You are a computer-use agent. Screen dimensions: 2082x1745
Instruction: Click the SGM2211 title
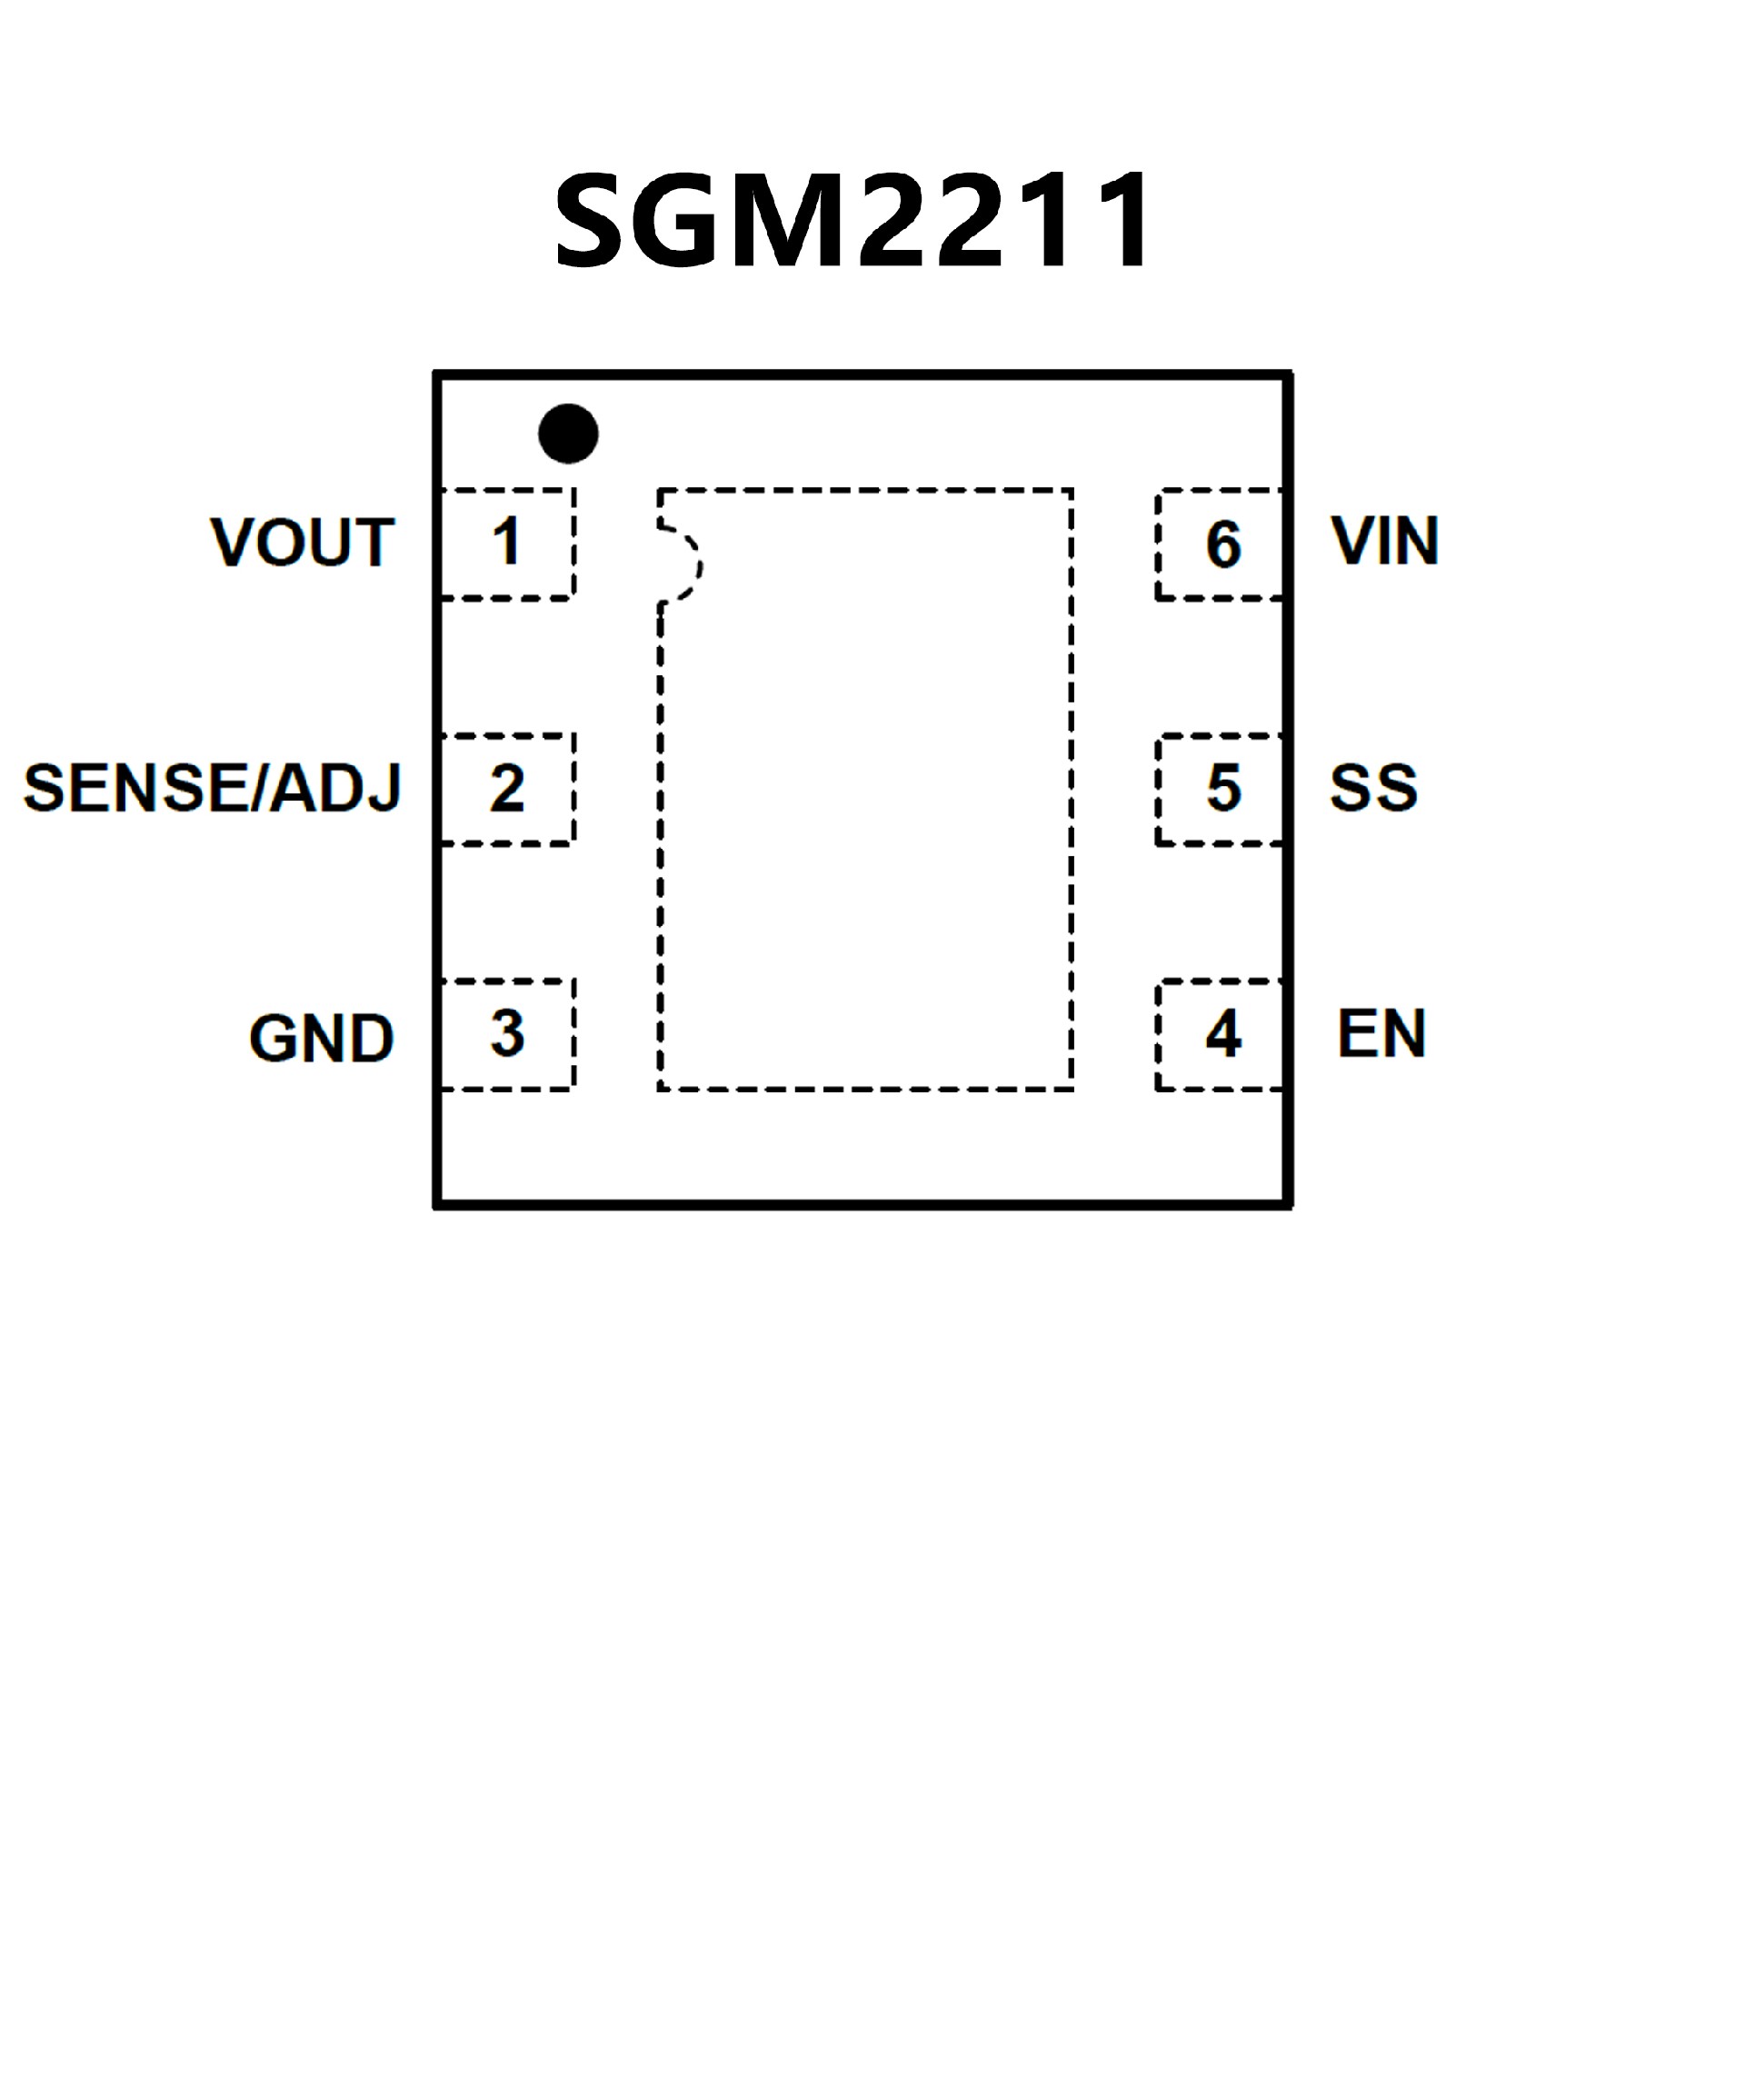click(853, 220)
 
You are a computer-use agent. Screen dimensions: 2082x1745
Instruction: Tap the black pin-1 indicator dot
click(568, 433)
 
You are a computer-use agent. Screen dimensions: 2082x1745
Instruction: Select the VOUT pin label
click(303, 543)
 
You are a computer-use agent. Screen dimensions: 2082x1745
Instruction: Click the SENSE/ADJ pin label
click(212, 788)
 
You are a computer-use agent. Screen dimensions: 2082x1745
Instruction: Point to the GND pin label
click(321, 1038)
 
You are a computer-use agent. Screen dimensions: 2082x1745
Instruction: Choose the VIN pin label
click(1384, 542)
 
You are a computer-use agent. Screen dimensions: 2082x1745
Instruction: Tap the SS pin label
click(1373, 788)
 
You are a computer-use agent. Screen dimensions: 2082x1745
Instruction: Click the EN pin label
click(1381, 1034)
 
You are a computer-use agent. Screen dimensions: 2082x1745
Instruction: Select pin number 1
click(506, 543)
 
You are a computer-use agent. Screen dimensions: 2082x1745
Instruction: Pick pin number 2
click(506, 788)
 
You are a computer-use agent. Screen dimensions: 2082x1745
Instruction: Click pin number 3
click(506, 1033)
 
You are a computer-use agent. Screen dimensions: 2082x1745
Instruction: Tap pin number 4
click(1223, 1034)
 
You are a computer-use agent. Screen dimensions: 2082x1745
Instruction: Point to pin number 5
click(1223, 788)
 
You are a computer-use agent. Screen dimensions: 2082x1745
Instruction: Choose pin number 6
click(1223, 544)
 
